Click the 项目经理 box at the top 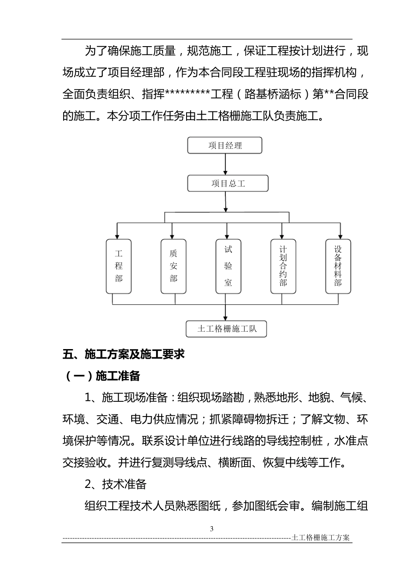point(225,145)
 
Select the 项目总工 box point(227,184)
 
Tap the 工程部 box point(119,266)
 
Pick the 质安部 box point(173,266)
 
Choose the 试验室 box point(228,266)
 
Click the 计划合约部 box point(283,266)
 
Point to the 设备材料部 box point(338,266)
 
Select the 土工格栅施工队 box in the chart point(226,329)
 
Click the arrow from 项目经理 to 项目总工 point(225,164)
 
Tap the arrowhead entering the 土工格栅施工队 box point(225,317)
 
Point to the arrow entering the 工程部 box point(117,231)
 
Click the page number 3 point(212,529)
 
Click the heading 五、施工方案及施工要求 point(124,354)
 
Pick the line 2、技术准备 point(115,484)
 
